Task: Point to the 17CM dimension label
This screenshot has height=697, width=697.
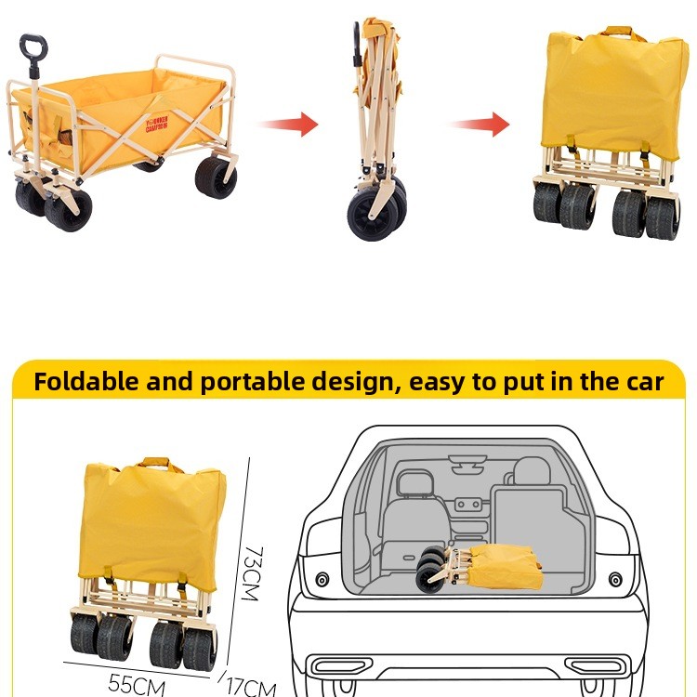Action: (x=251, y=688)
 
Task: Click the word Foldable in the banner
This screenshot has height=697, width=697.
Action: (x=86, y=381)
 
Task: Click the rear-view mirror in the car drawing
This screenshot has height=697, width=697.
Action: (x=467, y=460)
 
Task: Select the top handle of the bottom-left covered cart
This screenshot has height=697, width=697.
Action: (x=155, y=464)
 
